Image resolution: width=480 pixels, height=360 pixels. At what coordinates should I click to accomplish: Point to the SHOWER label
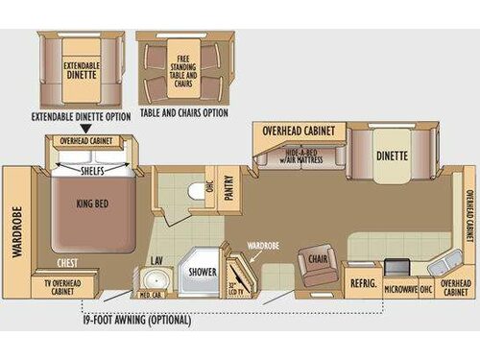pyautogui.click(x=202, y=272)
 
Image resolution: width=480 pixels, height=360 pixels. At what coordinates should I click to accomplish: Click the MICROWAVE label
pyautogui.click(x=398, y=288)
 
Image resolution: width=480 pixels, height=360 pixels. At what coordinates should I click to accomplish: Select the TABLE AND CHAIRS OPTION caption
pyautogui.click(x=182, y=113)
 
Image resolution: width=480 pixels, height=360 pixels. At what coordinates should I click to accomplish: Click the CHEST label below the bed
pyautogui.click(x=68, y=262)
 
